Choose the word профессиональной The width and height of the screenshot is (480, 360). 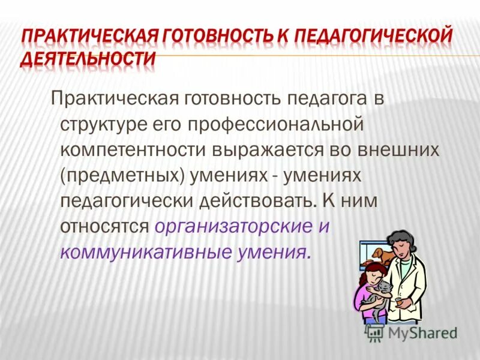click(x=280, y=124)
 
